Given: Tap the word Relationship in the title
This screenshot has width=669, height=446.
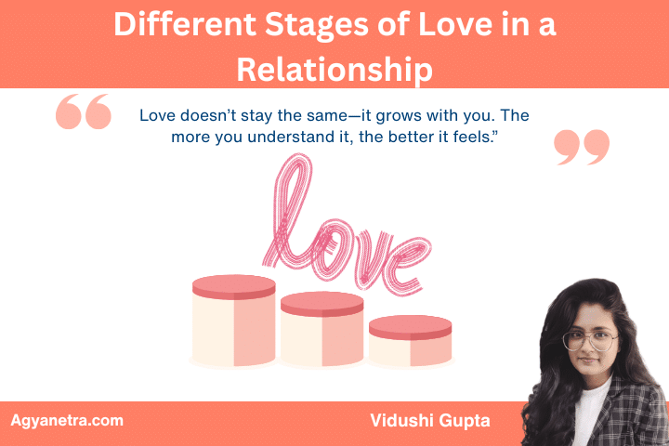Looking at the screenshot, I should point(334,68).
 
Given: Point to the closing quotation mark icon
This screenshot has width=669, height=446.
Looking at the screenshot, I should point(583,147).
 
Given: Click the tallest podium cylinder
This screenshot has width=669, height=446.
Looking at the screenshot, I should point(233,321).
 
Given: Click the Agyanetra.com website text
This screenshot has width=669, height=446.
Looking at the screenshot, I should point(67,420).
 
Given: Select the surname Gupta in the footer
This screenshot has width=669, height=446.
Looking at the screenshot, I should point(464,421).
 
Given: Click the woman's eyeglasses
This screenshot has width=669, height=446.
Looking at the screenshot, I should point(589,339).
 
